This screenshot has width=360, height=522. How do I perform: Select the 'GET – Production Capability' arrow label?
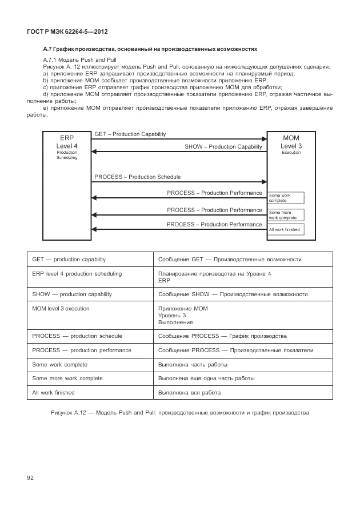(130, 134)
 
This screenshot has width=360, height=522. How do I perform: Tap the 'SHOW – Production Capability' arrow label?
(223, 147)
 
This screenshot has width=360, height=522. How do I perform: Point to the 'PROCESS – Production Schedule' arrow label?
(137, 177)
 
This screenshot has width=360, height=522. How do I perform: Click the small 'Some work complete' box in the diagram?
(286, 198)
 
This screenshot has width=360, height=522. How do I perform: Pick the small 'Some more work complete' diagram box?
(286, 215)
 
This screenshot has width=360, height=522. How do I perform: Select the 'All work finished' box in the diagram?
(286, 229)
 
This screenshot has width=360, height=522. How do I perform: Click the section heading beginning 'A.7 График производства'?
(150, 49)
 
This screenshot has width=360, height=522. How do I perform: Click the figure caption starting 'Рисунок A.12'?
(179, 413)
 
